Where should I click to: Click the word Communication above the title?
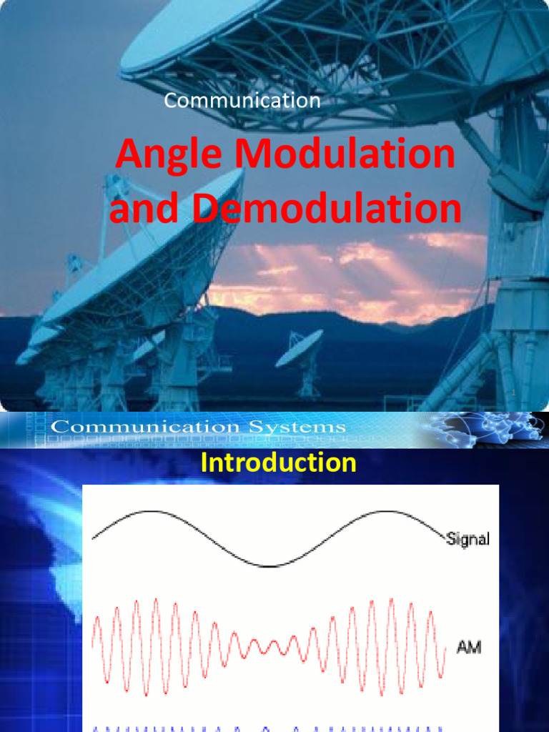(x=242, y=101)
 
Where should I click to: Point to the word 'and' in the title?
(x=139, y=209)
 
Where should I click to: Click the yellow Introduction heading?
(x=278, y=463)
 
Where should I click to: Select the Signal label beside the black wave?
(x=468, y=540)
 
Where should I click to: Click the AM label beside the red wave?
(x=469, y=648)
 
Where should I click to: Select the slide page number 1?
(x=513, y=394)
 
